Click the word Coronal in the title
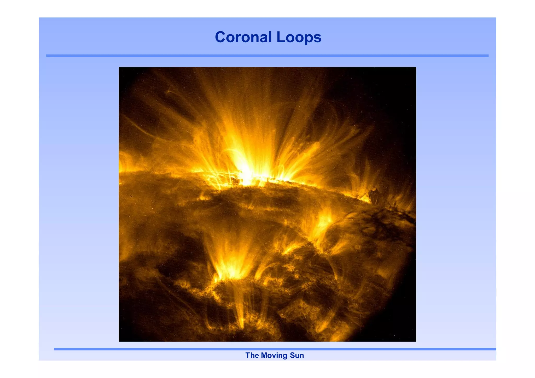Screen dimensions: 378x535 (x=243, y=37)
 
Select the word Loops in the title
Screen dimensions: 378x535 (x=299, y=37)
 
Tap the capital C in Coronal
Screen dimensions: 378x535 (x=220, y=37)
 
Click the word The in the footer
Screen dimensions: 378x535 (x=252, y=355)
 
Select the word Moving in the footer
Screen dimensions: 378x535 (x=274, y=355)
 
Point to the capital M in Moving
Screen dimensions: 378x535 (x=264, y=355)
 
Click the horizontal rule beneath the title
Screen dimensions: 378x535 (x=267, y=56)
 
